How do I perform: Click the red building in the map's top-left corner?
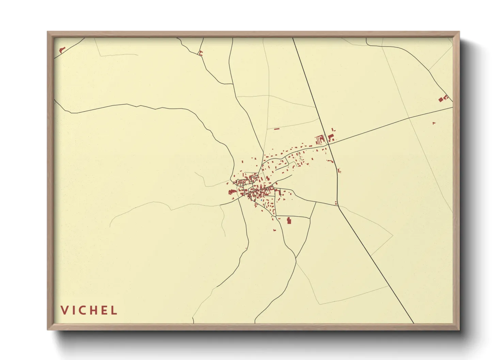[x=62, y=50]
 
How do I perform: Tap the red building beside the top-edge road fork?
[x=200, y=53]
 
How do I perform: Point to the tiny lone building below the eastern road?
[x=434, y=123]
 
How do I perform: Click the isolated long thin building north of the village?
[x=277, y=129]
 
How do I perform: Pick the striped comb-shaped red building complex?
[x=320, y=140]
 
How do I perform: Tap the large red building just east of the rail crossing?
[x=330, y=137]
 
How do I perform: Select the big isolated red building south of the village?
[x=289, y=220]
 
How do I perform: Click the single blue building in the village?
[x=262, y=200]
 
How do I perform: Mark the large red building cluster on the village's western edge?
[x=232, y=192]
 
